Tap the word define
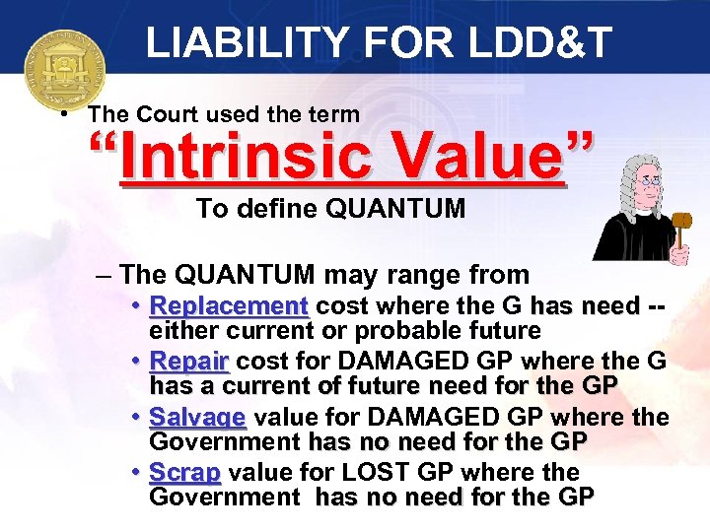tap(276, 209)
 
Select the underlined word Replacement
tap(229, 306)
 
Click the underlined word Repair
tap(189, 362)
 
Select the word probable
tap(393, 331)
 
